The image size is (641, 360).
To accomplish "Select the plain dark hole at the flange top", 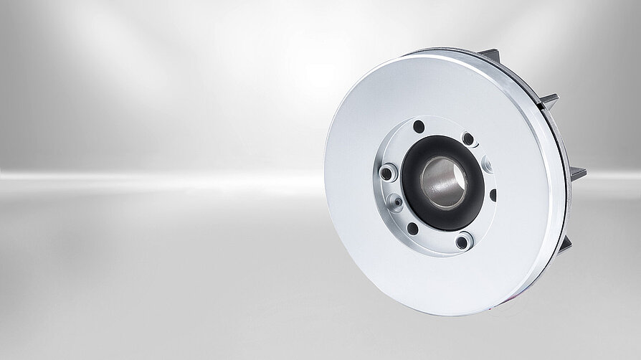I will coord(419,127).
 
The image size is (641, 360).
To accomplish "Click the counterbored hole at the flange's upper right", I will coord(468,138).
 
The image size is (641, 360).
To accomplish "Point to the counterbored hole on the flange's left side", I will coord(386,172).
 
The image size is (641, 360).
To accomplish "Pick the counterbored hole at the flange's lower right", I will coord(463,242).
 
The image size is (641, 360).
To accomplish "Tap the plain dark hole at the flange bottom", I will coord(412,228).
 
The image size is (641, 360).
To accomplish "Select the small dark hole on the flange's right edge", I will coord(493,194).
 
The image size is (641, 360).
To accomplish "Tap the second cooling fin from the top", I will coord(549,99).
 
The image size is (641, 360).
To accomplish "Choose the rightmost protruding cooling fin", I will coord(577,172).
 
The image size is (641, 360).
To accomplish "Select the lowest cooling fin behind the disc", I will coord(566,245).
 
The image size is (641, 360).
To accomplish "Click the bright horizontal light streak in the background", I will coord(143,176).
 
